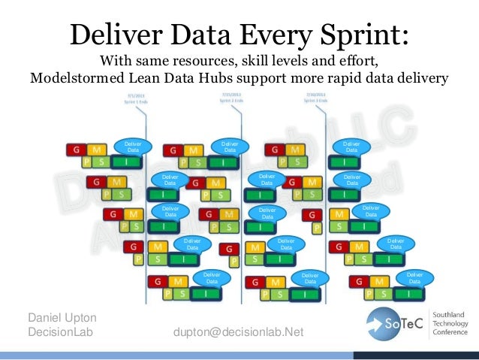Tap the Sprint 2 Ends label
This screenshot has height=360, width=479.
pyautogui.click(x=230, y=100)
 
